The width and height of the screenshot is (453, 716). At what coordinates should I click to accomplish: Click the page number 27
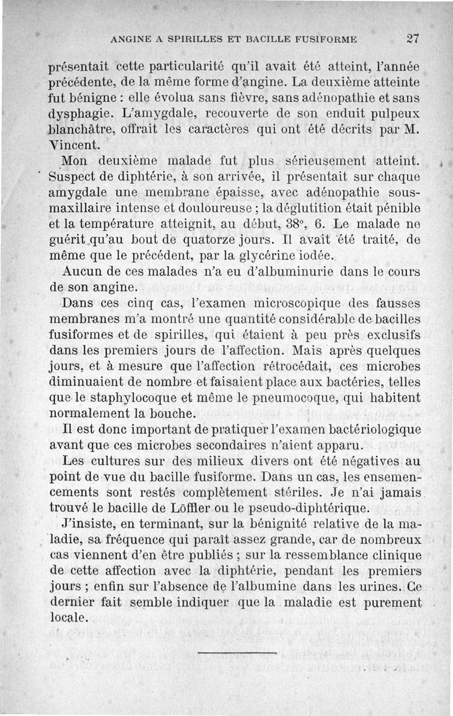412,38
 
